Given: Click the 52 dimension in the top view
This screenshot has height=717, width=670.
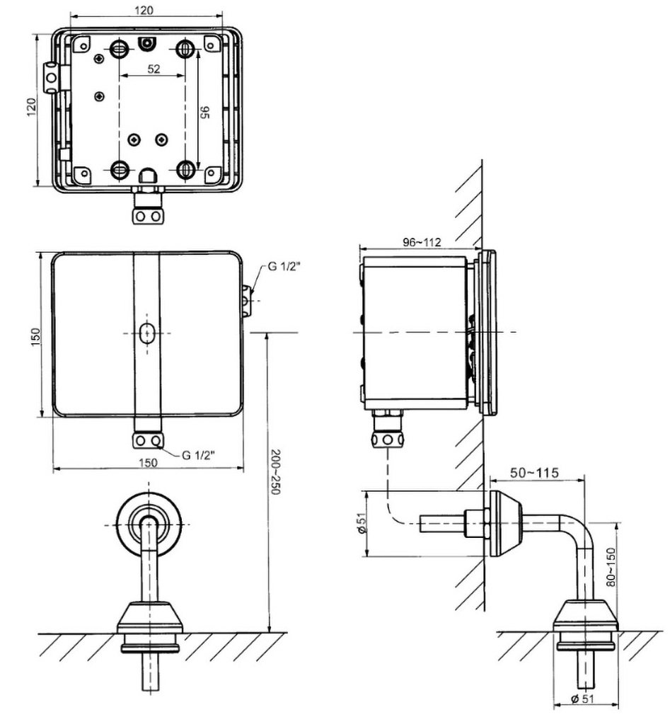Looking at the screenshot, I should [154, 69].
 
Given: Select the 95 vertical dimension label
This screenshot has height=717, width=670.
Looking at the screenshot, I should [204, 111].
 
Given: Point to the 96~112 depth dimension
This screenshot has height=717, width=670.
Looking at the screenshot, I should [422, 242].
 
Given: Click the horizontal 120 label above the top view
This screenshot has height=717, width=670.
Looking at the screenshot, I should [146, 10].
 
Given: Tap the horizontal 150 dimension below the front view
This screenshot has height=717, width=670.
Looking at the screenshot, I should [148, 462].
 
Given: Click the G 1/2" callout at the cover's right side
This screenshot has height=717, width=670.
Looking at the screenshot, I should [284, 268].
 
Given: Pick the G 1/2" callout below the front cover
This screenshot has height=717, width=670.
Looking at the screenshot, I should [198, 455].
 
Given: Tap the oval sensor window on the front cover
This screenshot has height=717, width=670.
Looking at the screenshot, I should [147, 333].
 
